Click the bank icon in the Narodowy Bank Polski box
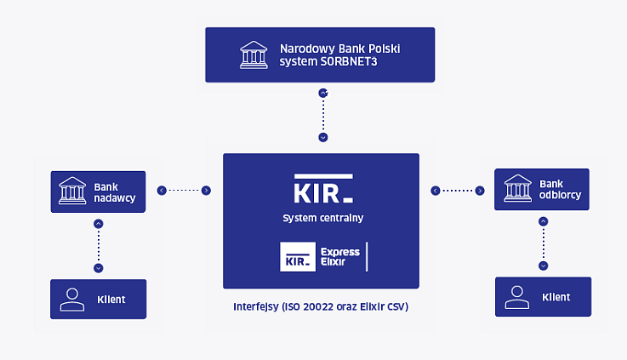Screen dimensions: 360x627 click(x=252, y=54)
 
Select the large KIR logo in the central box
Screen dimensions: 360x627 click(x=322, y=190)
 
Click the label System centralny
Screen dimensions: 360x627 click(x=322, y=218)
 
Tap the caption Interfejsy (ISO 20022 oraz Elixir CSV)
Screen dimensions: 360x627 click(x=321, y=306)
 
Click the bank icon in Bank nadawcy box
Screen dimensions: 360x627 click(x=72, y=191)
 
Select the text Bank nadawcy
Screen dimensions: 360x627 click(x=114, y=191)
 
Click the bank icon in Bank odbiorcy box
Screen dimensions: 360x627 click(x=517, y=189)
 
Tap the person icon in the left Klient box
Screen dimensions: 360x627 click(x=72, y=299)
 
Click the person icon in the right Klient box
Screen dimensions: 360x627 click(x=517, y=297)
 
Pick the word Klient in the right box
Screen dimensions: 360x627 click(x=556, y=297)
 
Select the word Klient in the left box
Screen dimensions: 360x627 click(x=111, y=299)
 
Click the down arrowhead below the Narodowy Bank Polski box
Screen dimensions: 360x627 click(x=322, y=137)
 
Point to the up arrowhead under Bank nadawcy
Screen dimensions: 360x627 click(x=99, y=224)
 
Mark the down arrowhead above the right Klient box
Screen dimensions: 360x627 click(x=543, y=265)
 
